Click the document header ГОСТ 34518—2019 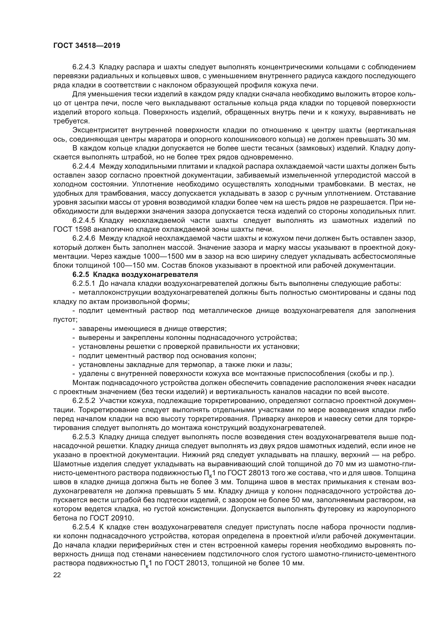click(87, 46)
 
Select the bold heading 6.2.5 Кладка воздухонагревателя click(135, 274)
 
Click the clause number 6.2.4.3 click(84, 67)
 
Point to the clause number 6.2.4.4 click(84, 166)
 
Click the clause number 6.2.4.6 click(84, 238)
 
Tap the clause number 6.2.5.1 click(84, 283)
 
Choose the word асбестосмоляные click(379, 256)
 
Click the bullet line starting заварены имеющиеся click(152, 329)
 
